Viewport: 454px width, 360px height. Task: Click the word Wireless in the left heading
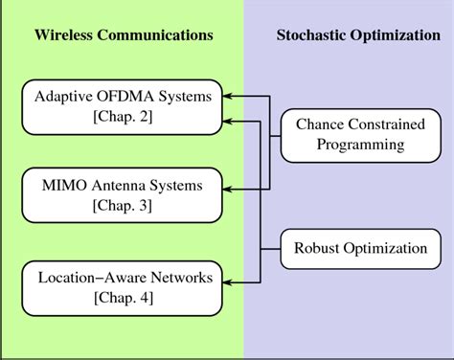66,35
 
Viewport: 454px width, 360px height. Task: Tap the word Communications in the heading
156,35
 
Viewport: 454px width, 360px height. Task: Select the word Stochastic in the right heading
312,35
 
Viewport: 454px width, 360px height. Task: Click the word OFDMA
124,96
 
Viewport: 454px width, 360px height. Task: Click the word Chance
319,124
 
